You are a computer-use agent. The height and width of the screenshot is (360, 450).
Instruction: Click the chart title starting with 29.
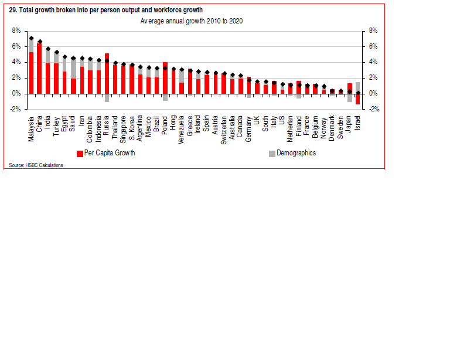tap(105, 10)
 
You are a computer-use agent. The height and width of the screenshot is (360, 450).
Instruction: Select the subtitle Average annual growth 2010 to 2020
tap(192, 21)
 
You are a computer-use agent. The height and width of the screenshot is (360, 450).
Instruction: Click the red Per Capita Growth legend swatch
tap(80, 154)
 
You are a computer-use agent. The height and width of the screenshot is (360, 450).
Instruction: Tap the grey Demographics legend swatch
tap(272, 154)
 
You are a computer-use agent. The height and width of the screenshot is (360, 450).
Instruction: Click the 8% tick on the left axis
tap(16, 30)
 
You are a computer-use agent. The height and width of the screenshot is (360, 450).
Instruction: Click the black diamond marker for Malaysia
tap(31, 39)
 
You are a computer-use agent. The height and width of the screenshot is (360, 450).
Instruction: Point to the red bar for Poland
tap(165, 77)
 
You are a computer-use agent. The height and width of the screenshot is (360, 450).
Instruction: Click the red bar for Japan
tap(350, 89)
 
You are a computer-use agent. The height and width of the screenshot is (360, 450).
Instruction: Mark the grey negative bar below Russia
tap(107, 98)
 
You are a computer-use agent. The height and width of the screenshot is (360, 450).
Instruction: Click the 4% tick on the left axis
tap(16, 62)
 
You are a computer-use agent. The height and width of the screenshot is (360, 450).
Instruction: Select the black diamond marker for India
tap(48, 49)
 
